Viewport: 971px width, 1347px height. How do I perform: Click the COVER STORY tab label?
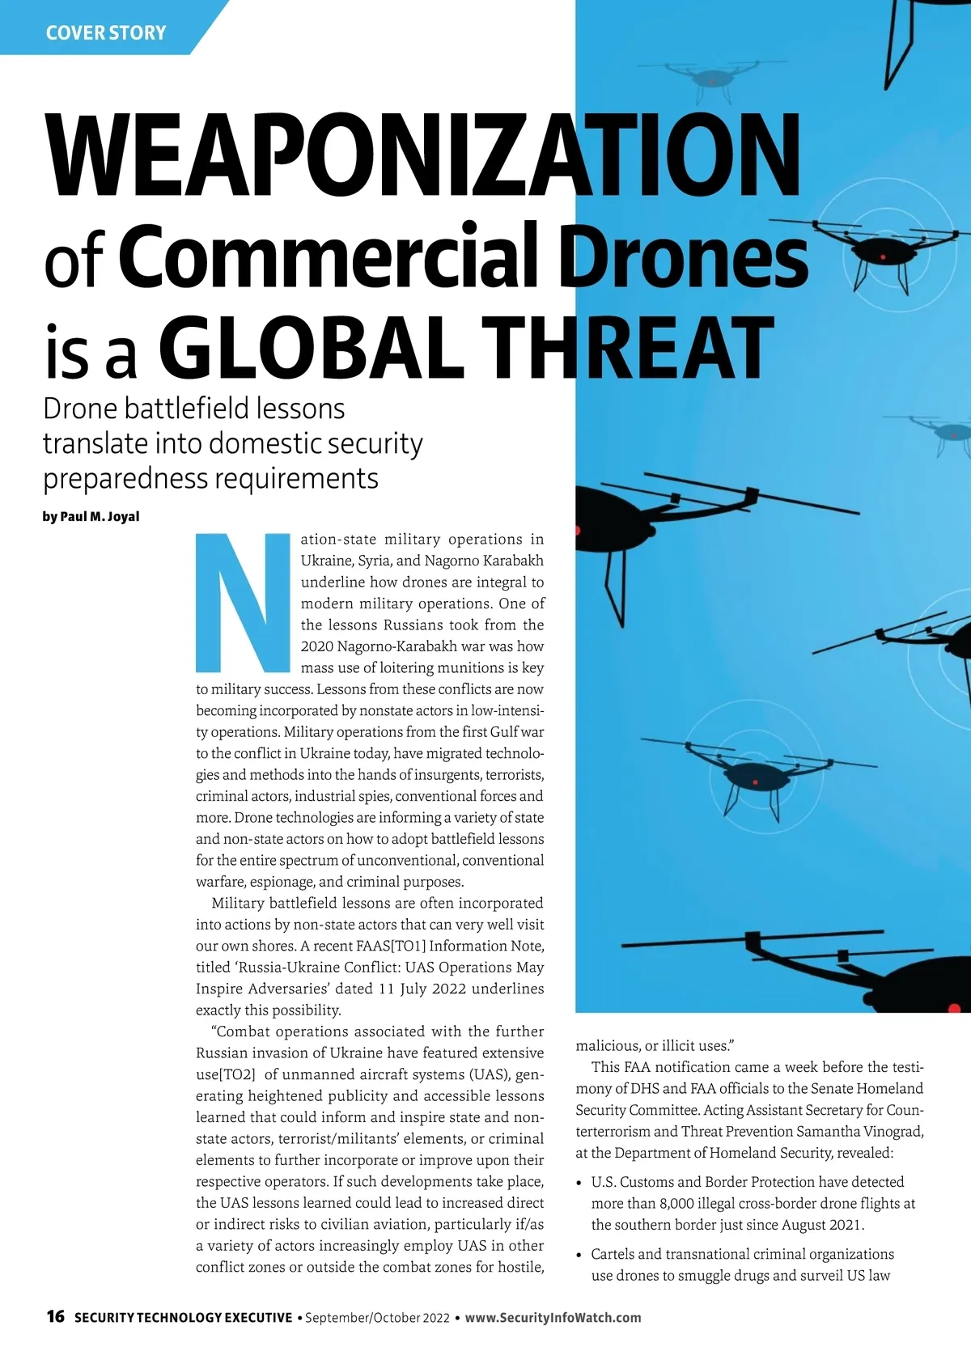(x=106, y=33)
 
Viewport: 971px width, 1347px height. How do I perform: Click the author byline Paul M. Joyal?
(x=100, y=516)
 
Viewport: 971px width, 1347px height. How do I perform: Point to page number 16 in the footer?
(x=55, y=1316)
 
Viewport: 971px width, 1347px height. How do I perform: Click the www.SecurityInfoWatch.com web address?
(x=553, y=1317)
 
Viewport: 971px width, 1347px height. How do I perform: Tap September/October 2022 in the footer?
(x=376, y=1317)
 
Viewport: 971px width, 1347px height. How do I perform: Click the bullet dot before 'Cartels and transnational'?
(x=579, y=1255)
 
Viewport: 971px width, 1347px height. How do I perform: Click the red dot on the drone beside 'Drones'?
(x=883, y=257)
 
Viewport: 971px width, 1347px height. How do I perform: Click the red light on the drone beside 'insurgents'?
(x=755, y=782)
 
